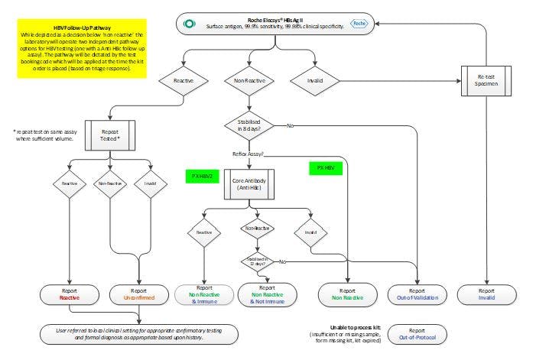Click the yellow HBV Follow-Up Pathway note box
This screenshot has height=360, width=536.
pos(76,51)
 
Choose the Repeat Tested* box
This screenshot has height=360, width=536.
pos(110,136)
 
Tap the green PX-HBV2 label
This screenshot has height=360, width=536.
pos(202,176)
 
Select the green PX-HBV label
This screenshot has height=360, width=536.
pos(325,167)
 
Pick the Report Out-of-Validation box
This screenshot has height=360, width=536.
pos(417,294)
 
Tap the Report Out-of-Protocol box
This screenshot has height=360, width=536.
pos(417,333)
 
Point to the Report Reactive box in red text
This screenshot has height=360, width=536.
pos(69,294)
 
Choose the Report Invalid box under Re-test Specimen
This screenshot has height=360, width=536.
pos(487,294)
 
